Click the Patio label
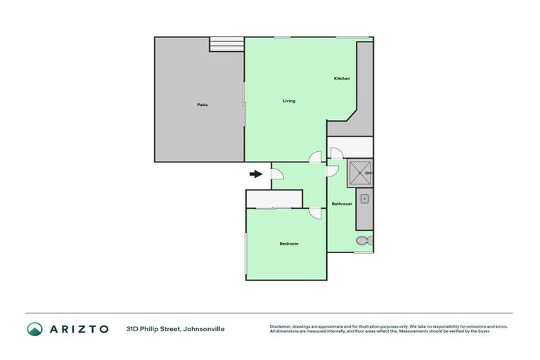tap(202, 105)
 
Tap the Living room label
tap(288, 101)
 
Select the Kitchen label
tap(341, 78)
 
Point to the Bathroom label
tap(341, 204)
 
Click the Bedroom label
tap(289, 244)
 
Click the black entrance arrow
tap(256, 174)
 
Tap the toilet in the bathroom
tap(363, 240)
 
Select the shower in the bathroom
tap(361, 171)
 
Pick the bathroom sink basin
tap(364, 199)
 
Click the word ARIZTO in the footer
tap(79, 328)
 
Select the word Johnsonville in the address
tap(203, 328)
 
